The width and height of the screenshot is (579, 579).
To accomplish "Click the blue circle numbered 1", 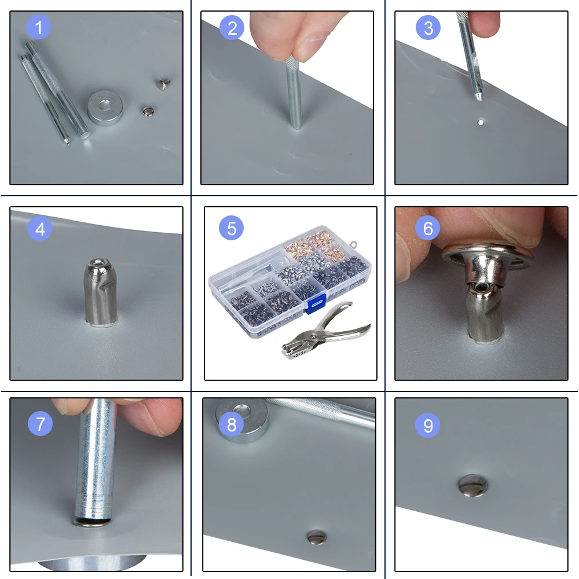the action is point(38,27).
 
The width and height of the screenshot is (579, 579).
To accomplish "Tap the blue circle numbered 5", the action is point(231,228).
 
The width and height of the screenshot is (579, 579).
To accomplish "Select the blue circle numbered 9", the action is point(428,425).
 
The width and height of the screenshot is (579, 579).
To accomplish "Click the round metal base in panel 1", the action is point(105,108).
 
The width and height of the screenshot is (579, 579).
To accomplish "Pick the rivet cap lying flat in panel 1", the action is point(148,111).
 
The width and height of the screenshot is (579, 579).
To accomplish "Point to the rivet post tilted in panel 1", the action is point(163,84).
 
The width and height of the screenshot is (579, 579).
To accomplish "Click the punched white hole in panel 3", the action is point(481,123).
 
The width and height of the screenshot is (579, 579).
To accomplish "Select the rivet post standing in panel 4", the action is point(100,292).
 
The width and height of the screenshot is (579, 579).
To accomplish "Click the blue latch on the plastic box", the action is point(316,303).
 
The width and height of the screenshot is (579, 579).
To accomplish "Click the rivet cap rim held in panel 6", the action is point(488,256).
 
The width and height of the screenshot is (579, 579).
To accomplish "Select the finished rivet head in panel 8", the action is point(317,537).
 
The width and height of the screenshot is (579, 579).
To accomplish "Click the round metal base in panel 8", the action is point(242,419).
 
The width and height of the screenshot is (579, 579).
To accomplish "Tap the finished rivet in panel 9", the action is point(473,485).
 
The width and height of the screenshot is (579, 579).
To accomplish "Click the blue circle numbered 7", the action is point(40,423).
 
